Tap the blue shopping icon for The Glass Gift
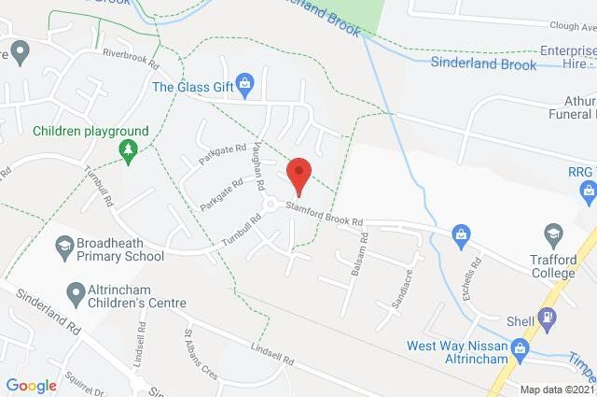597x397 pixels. click(x=245, y=87)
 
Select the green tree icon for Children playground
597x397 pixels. click(x=128, y=149)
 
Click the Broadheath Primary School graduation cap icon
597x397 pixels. click(x=64, y=247)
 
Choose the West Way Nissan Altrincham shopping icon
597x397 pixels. click(x=522, y=349)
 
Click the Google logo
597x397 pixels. click(x=31, y=385)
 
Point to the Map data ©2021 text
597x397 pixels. click(x=556, y=390)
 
